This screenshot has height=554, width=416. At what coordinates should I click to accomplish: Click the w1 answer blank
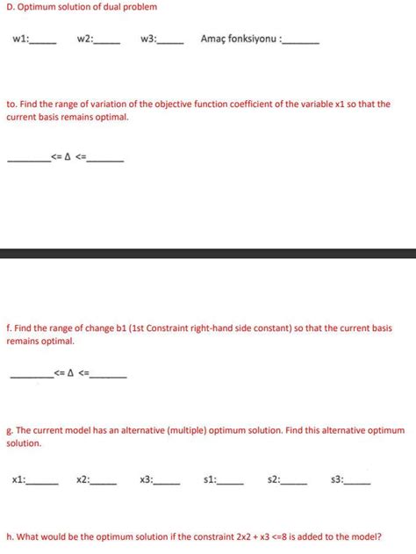[x=44, y=41]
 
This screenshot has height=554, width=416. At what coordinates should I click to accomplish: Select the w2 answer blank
[x=107, y=41]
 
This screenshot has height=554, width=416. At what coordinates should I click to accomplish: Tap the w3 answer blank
[x=170, y=41]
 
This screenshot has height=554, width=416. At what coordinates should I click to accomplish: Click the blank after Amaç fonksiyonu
[x=303, y=41]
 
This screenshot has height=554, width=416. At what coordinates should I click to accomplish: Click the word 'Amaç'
[x=213, y=40]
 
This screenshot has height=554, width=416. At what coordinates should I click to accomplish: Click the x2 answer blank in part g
[x=104, y=482]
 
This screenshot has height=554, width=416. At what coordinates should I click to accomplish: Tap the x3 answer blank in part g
[x=168, y=482]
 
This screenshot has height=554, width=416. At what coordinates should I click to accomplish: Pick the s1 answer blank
[x=231, y=482]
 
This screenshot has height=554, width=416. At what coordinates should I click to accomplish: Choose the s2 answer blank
[x=295, y=482]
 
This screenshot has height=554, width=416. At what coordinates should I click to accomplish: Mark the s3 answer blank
[x=358, y=482]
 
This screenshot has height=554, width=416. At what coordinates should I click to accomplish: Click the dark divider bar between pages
[x=208, y=254]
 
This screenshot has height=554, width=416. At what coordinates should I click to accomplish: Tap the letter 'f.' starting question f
[x=9, y=328]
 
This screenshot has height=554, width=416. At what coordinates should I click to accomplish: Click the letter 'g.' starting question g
[x=9, y=431]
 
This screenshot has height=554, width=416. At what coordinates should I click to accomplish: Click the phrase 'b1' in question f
[x=122, y=328]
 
